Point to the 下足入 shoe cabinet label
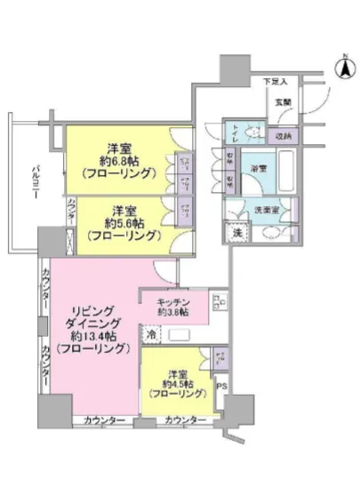pos(275,83)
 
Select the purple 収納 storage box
pos(284,136)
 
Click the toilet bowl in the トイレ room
pos(252,134)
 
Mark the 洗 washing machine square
pos(236,233)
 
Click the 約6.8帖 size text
pos(121,160)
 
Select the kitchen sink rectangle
pos(180,334)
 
